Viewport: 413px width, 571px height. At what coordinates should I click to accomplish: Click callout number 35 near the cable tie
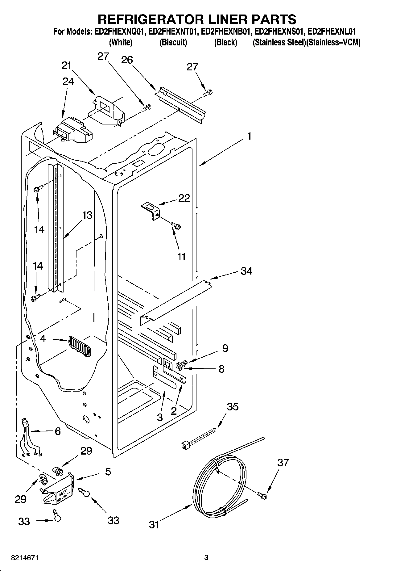point(233,407)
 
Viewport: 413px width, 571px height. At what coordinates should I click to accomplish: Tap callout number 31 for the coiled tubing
point(154,524)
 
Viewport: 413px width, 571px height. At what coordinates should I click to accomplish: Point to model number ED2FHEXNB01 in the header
point(226,31)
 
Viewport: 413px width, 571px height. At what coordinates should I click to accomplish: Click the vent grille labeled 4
point(80,346)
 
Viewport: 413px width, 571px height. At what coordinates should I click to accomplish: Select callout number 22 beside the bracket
point(184,198)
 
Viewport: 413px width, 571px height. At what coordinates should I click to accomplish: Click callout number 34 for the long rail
point(246,271)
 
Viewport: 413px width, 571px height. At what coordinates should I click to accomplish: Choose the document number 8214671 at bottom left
point(25,558)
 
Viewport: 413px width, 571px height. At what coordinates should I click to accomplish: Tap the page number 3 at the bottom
point(206,558)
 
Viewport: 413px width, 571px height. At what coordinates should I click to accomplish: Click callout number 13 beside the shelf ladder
point(87,215)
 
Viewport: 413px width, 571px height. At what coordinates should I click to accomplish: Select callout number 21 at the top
point(66,65)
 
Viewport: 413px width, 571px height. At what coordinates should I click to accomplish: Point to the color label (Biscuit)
point(173,42)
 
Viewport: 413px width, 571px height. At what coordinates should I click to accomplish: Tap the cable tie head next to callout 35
point(184,445)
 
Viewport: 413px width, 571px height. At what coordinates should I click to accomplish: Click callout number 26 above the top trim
point(127,60)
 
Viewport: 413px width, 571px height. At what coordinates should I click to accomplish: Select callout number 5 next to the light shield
point(108,472)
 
